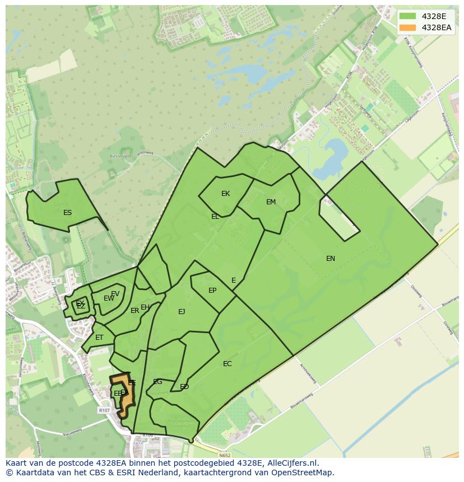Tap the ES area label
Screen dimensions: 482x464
[67, 213]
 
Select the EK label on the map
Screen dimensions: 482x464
[225, 194]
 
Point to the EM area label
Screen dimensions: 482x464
[271, 202]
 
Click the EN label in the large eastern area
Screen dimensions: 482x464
[331, 258]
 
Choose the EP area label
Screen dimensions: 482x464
[212, 291]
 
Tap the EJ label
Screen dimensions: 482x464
[182, 312]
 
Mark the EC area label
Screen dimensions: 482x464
[227, 364]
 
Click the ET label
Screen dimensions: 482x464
[99, 338]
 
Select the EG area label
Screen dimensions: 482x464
[157, 382]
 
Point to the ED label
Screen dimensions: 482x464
[184, 387]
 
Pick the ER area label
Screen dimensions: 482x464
[134, 311]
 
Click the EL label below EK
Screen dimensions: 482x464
[215, 216]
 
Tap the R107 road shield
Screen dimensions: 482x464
[104, 410]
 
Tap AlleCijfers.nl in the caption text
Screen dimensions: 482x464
[291, 463]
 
